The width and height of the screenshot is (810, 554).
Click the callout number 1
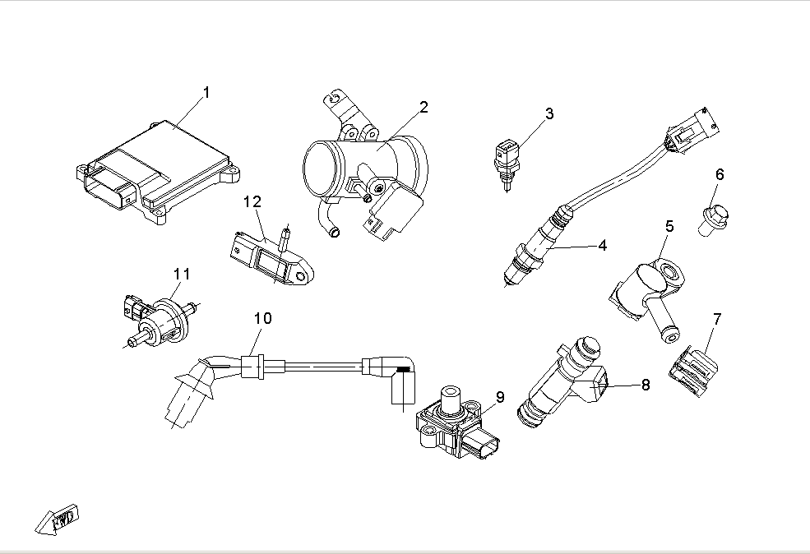coord(206,93)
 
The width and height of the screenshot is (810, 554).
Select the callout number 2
coord(424,107)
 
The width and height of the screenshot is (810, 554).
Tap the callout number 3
coord(549,113)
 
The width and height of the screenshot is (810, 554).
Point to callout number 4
coord(602,245)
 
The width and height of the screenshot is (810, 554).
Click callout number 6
coord(720,174)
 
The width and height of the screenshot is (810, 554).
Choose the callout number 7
coord(717,318)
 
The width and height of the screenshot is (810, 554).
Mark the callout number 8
coord(646,384)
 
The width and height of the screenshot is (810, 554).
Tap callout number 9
coord(499,398)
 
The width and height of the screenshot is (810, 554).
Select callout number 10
coord(262,317)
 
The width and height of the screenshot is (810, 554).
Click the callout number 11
coord(181,273)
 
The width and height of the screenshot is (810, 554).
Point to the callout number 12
coord(252,201)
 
